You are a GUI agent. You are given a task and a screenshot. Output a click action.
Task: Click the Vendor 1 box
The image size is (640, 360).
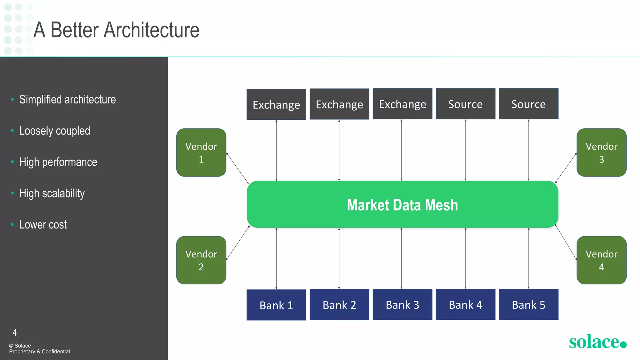[201, 152]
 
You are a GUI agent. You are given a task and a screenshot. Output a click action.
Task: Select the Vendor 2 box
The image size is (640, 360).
[201, 260]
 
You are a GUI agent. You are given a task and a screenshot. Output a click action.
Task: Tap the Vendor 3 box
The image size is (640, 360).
[601, 152]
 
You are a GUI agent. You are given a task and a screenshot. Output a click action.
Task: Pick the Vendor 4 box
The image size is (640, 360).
[601, 260]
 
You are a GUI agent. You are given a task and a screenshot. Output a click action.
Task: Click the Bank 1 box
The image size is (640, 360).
[276, 305]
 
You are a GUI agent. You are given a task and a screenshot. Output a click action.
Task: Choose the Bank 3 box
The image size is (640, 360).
[402, 305]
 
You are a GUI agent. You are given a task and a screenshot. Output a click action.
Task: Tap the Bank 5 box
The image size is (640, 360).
[528, 305]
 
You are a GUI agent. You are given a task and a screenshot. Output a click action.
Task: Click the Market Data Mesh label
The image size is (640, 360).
[402, 205]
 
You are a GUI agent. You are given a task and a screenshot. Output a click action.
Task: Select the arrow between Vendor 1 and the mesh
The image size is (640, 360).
[237, 168]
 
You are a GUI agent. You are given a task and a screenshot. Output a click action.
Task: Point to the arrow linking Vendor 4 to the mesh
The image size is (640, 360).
[566, 242]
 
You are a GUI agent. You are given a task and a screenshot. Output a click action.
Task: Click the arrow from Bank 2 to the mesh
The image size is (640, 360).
[339, 259]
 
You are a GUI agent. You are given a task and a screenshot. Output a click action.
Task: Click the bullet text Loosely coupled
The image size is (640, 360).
[55, 131]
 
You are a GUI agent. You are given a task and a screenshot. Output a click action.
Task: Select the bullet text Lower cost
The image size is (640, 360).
[43, 224]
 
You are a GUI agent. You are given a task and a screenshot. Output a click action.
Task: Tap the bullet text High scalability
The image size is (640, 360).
[52, 193]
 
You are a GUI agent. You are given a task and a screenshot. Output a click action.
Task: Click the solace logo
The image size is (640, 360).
[597, 342]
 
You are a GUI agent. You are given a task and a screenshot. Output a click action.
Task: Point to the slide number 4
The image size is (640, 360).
[14, 332]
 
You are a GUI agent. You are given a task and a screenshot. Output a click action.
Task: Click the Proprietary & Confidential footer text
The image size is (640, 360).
[39, 352]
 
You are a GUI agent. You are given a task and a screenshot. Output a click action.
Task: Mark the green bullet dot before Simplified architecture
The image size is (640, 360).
[12, 99]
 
